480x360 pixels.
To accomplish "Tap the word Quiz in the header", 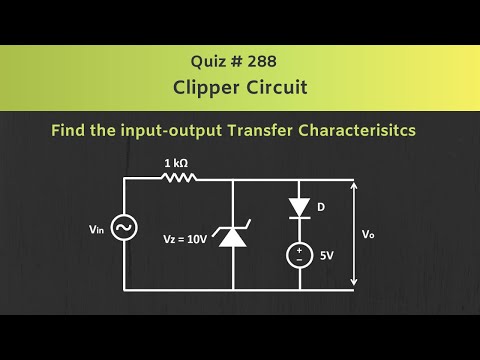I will pyautogui.click(x=209, y=59).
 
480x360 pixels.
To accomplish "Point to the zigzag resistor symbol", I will pyautogui.click(x=179, y=179).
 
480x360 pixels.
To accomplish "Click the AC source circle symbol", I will pyautogui.click(x=123, y=230).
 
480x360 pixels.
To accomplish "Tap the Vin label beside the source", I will pyautogui.click(x=95, y=230).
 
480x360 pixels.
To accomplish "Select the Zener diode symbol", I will pyautogui.click(x=232, y=237).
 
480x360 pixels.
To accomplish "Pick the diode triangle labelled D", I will pyautogui.click(x=299, y=208).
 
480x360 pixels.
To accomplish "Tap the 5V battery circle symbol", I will pyautogui.click(x=299, y=255).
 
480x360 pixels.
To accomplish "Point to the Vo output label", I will pyautogui.click(x=369, y=234).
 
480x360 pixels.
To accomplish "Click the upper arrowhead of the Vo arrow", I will pyautogui.click(x=353, y=184).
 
